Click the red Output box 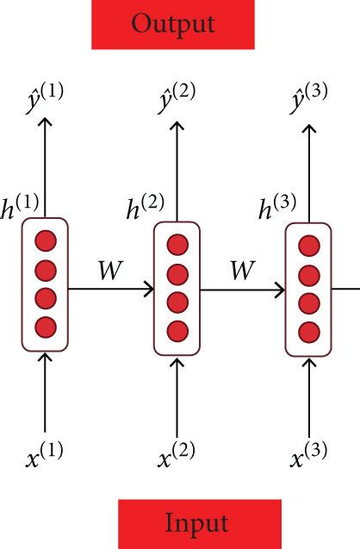(x=173, y=24)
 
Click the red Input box (x=199, y=522)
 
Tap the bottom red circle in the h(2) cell (x=177, y=329)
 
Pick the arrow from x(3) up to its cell (x=308, y=393)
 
